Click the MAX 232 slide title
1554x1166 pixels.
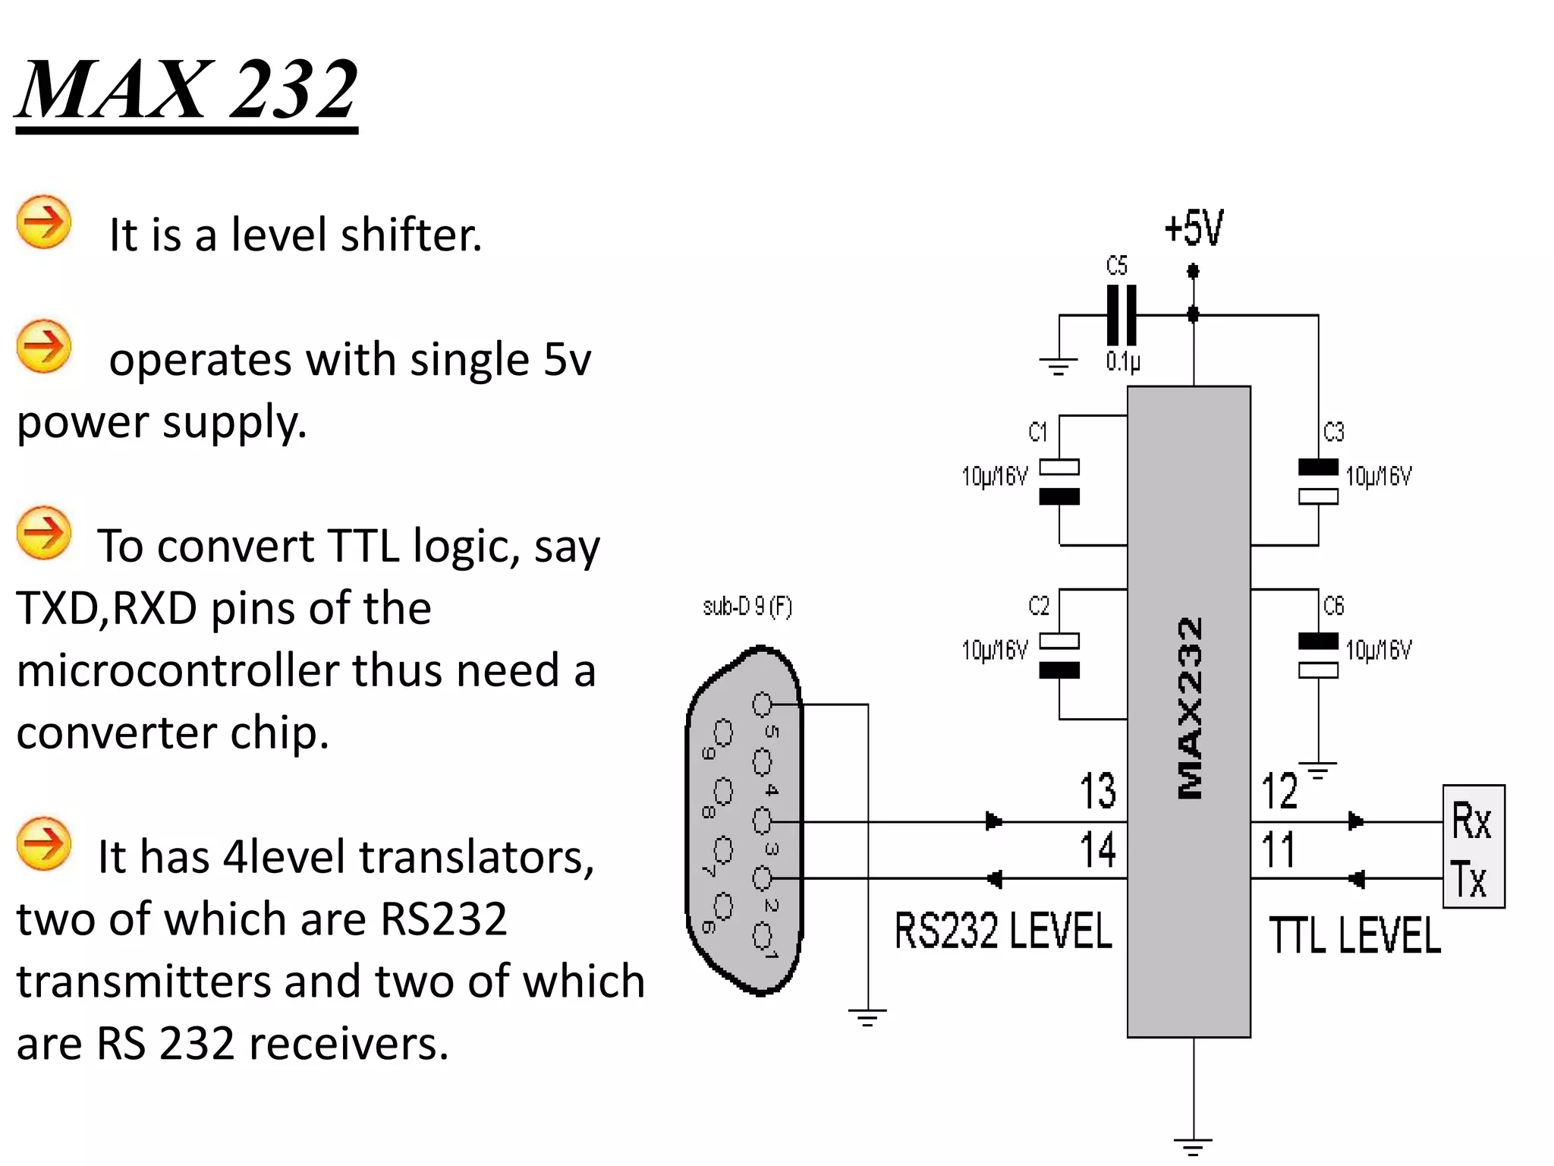click(187, 90)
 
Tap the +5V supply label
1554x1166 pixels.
click(1194, 228)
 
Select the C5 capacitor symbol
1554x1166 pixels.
click(1121, 315)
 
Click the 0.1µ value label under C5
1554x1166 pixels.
click(1122, 361)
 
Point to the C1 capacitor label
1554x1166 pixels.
click(1037, 432)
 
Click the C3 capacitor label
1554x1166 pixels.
click(1333, 432)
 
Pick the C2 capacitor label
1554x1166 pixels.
click(1038, 606)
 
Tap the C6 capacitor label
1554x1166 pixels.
click(1333, 606)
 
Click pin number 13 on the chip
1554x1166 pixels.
click(1097, 791)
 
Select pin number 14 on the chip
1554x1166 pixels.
click(1097, 849)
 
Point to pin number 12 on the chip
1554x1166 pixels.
click(1279, 791)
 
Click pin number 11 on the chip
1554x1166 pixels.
click(1278, 849)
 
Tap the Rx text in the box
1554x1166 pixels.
click(1471, 821)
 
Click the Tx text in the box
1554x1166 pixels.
click(1469, 879)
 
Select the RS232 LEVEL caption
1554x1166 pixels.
click(1002, 931)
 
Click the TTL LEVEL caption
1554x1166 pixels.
click(1354, 935)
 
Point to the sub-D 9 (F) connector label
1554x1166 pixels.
click(747, 607)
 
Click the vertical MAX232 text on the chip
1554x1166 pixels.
click(1190, 707)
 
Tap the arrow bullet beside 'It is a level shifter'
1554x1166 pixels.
click(44, 222)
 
